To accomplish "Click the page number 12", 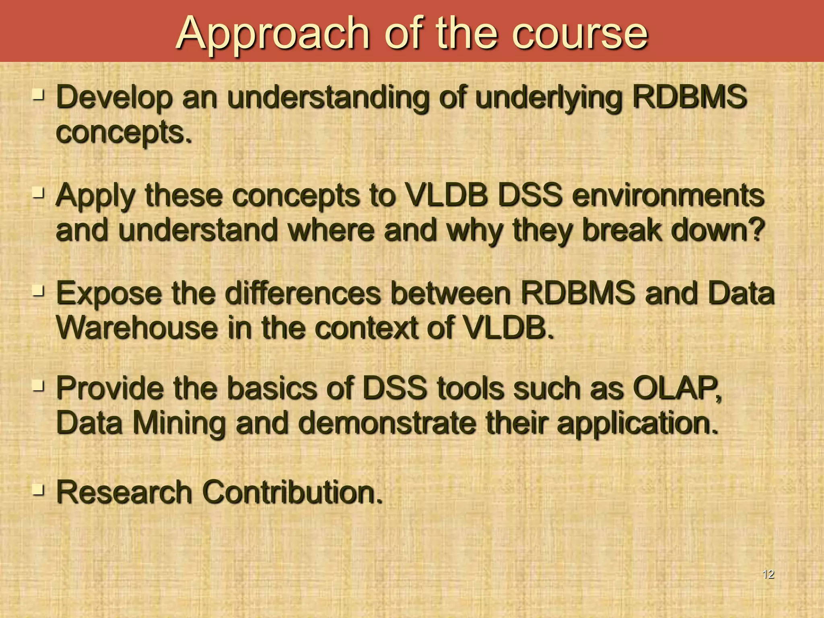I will [768, 574].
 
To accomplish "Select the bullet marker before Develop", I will [39, 95].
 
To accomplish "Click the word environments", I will [668, 196].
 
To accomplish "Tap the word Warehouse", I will [137, 328].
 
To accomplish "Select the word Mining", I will [179, 423].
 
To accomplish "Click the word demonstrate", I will [386, 423].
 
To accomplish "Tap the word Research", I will [124, 492].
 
